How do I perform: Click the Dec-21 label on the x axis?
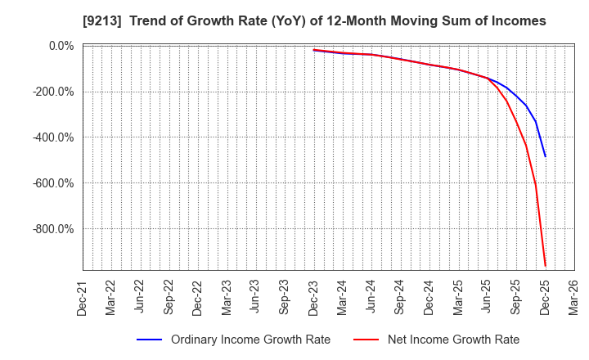click(x=83, y=297)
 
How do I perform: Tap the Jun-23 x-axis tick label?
click(x=255, y=297)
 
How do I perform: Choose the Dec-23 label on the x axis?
click(x=313, y=297)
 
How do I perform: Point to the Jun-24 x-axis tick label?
click(x=371, y=297)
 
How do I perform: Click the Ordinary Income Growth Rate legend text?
click(x=250, y=340)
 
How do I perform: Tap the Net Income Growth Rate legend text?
click(x=453, y=340)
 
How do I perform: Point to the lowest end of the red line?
click(x=546, y=266)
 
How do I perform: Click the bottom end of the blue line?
click(x=546, y=156)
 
